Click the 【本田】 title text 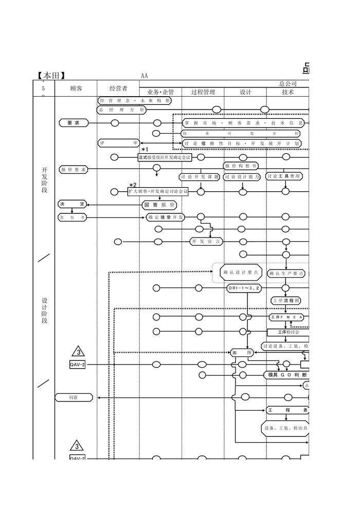(51, 76)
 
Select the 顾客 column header (76, 88)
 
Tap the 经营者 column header (118, 88)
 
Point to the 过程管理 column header (203, 92)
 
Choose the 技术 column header (287, 92)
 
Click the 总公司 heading (288, 83)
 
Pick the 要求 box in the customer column (73, 123)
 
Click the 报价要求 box (73, 169)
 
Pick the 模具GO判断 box (286, 375)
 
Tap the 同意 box (74, 397)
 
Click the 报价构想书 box (241, 166)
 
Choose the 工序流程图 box (286, 300)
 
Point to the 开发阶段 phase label (44, 180)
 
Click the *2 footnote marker (133, 185)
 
